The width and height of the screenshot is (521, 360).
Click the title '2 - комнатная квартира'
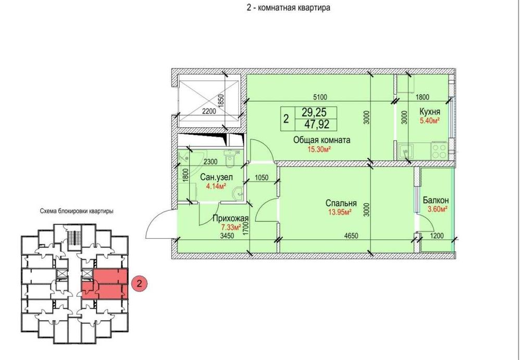point(289,8)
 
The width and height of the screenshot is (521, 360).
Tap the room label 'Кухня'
point(430,111)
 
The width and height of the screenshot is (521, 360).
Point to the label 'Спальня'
point(341,203)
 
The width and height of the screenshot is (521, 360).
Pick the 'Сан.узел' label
point(216,178)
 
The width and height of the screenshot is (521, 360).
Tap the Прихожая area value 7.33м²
point(231,227)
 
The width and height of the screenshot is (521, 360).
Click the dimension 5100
point(320,97)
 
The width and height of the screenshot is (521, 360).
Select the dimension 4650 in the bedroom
point(351,236)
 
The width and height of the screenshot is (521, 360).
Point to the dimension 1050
point(261,178)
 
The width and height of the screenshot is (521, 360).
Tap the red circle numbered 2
point(139,284)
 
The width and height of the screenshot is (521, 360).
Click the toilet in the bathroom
point(230,158)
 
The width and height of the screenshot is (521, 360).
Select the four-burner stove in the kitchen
point(439,150)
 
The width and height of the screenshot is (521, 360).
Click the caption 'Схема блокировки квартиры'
point(77,211)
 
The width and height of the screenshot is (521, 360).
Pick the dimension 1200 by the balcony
point(437,236)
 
